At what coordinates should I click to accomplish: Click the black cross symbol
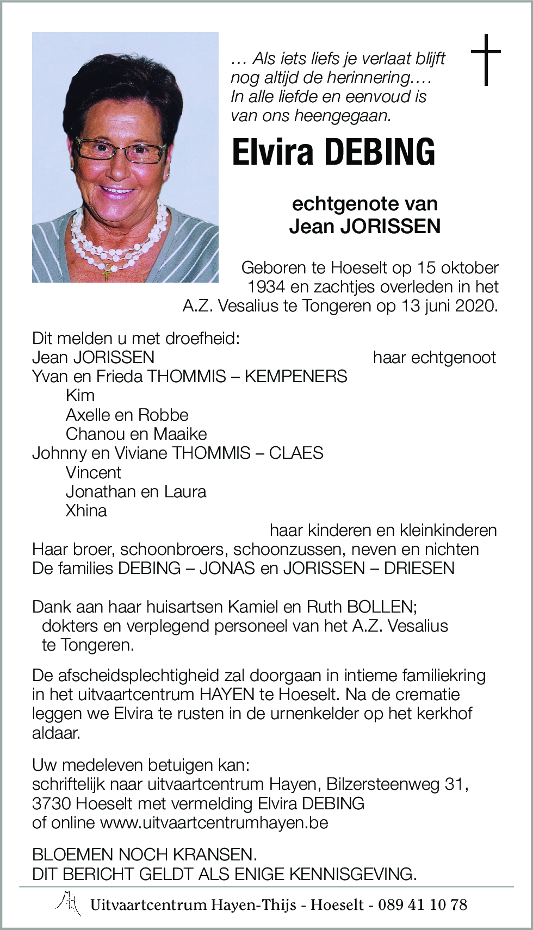pyautogui.click(x=485, y=60)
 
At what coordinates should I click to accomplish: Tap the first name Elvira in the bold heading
pyautogui.click(x=272, y=152)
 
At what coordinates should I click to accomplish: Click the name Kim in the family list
pyautogui.click(x=80, y=396)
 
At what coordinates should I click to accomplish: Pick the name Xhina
pyautogui.click(x=86, y=511)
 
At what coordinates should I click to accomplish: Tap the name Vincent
pyautogui.click(x=93, y=473)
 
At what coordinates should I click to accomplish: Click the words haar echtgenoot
pyautogui.click(x=434, y=358)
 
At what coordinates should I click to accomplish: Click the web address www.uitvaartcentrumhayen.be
pyautogui.click(x=214, y=823)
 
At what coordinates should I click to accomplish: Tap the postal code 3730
pyautogui.click(x=52, y=804)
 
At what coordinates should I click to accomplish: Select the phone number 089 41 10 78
pyautogui.click(x=422, y=905)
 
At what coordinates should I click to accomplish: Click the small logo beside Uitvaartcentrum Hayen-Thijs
pyautogui.click(x=69, y=903)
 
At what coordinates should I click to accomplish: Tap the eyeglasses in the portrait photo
pyautogui.click(x=121, y=150)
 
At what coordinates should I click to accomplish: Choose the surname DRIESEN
pyautogui.click(x=419, y=569)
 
